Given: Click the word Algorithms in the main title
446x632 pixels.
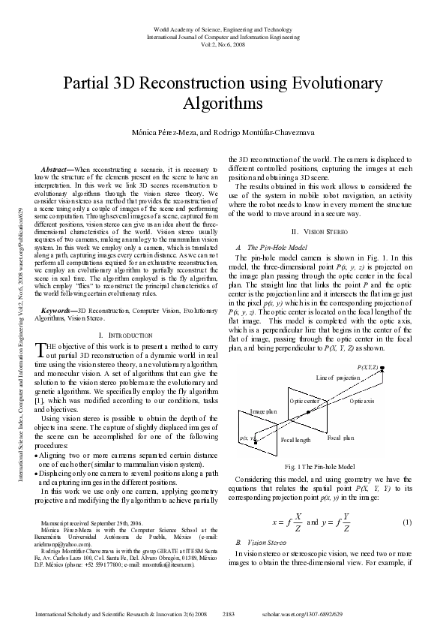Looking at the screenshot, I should [223, 103].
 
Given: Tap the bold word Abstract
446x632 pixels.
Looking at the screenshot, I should [56, 170].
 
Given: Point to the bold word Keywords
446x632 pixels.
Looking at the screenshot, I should [58, 310].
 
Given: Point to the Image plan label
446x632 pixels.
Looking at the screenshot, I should [263, 412].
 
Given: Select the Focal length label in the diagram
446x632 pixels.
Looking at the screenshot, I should [295, 440].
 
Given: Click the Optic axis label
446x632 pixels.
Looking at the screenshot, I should [362, 402].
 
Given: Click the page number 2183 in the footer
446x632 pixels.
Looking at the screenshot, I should [229, 614].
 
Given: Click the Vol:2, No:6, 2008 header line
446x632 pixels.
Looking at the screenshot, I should [223, 44].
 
